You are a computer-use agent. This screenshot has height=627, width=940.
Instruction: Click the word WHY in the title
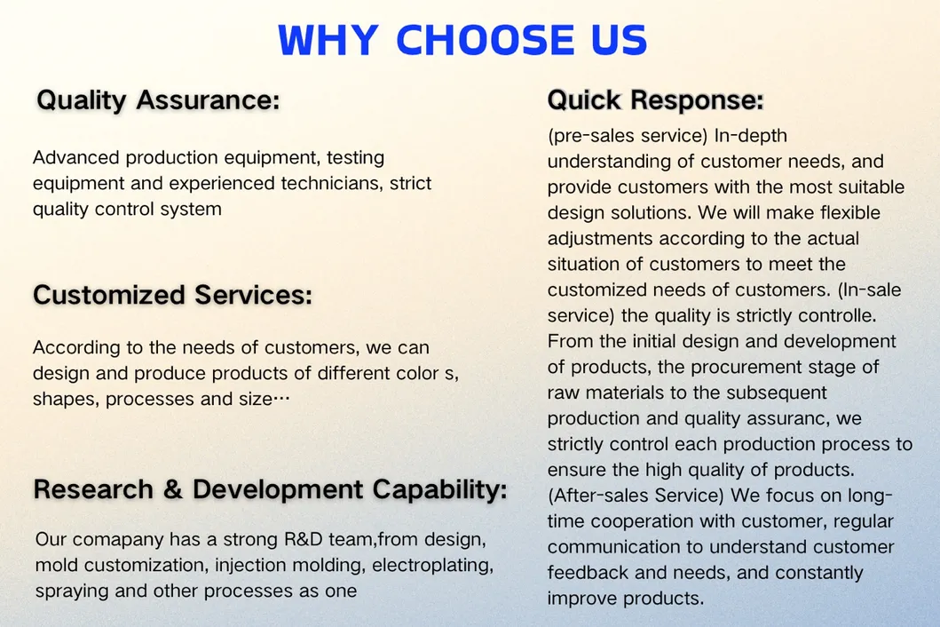click(328, 40)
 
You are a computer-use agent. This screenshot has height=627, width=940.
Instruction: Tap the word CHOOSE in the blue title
click(485, 40)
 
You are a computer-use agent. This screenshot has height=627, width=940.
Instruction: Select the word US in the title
click(620, 40)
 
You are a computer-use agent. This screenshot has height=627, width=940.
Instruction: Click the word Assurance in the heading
click(208, 99)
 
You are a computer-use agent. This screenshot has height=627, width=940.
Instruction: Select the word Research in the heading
click(93, 489)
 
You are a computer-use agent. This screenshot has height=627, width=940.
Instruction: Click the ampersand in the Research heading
click(173, 489)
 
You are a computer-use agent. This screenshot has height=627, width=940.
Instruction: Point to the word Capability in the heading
click(440, 490)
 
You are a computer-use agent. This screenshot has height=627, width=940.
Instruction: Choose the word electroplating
click(433, 566)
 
